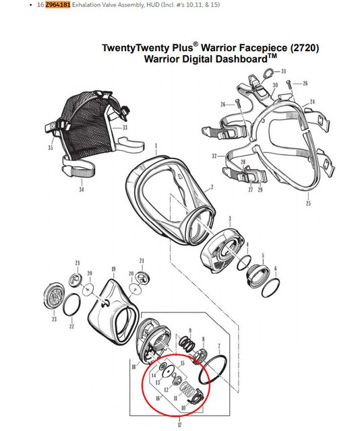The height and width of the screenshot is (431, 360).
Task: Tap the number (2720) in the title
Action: coord(302,48)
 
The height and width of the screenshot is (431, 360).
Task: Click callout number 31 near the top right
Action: coord(284,71)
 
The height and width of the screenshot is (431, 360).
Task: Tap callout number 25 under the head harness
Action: coord(308,203)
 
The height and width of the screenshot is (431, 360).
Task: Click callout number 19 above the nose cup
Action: coord(113,269)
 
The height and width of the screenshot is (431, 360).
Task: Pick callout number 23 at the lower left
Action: coord(55,320)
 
